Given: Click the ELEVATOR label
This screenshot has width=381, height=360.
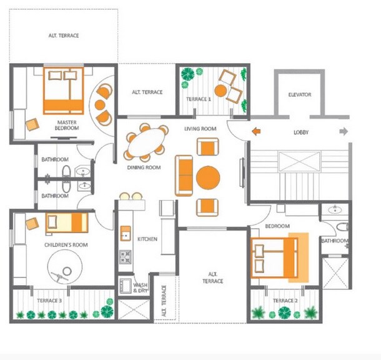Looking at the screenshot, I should [x=300, y=95].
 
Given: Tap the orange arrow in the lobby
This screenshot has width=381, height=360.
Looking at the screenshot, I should [x=256, y=131].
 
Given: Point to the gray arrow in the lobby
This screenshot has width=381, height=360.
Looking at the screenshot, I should [x=343, y=131].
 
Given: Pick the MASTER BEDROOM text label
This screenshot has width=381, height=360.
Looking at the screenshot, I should [x=67, y=125].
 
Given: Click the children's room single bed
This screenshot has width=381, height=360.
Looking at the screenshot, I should [x=67, y=222].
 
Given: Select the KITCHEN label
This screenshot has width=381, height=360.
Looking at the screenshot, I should [x=147, y=239].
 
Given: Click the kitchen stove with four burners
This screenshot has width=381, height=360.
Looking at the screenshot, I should [x=125, y=256].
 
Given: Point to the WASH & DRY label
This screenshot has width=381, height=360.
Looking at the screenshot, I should [x=142, y=288].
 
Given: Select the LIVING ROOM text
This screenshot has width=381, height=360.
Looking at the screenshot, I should [x=200, y=129].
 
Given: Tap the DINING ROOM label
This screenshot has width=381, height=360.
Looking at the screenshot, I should [x=144, y=167].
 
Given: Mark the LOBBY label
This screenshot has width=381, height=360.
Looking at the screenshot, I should [x=302, y=132].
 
